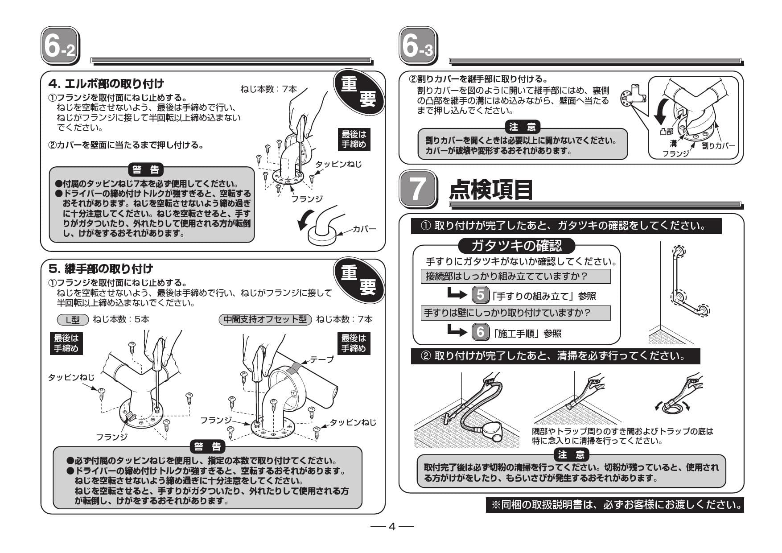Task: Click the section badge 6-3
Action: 417,45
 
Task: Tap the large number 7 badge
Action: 417,189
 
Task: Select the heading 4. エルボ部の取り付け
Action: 106,84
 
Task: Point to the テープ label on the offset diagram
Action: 321,359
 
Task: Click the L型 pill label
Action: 73,319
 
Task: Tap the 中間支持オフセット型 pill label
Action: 265,319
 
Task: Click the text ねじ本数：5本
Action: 121,319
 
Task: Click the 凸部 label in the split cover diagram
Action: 667,132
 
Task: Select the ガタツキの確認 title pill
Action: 516,245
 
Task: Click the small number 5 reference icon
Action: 480,295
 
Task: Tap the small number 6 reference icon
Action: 480,332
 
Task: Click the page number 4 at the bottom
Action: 392,527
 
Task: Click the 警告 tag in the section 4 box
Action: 146,169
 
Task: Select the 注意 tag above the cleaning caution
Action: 571,454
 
